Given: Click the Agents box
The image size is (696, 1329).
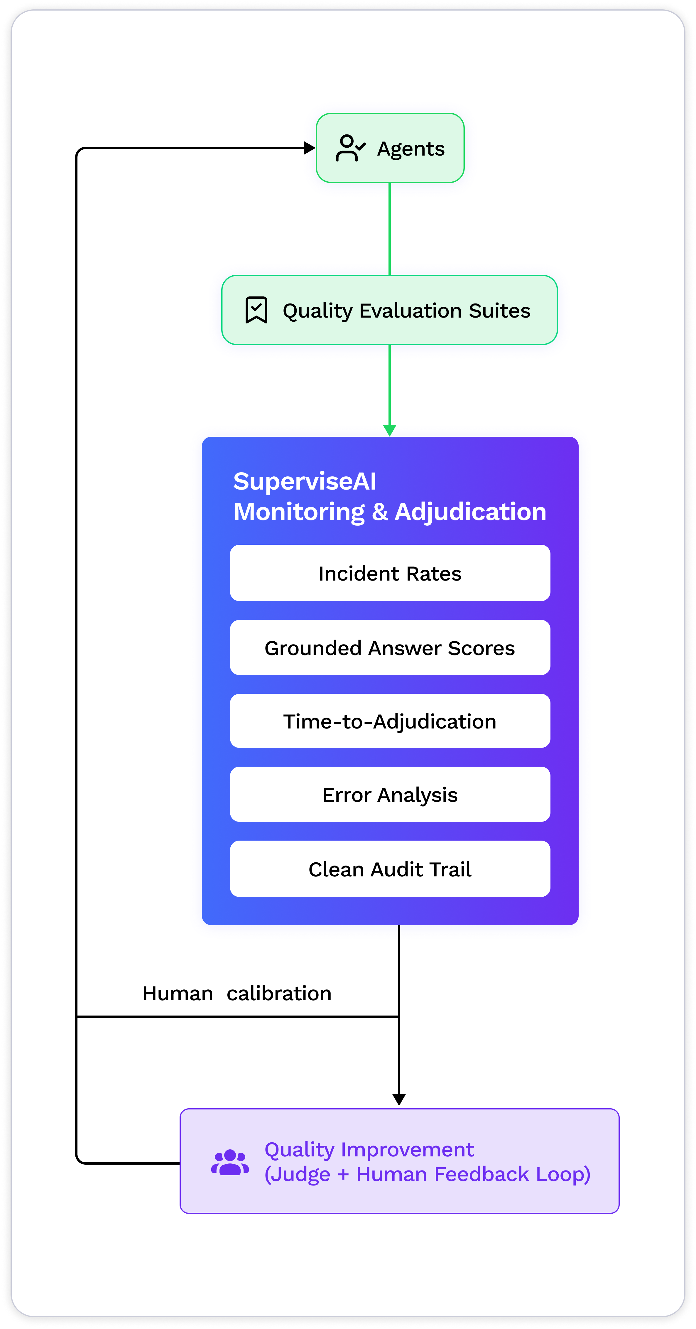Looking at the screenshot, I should pos(390,148).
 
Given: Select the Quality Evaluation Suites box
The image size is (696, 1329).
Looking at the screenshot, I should pos(390,310).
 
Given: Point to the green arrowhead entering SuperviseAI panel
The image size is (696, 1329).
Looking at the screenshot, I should pos(390,430).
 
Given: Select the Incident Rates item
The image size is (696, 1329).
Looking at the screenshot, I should pos(390,573).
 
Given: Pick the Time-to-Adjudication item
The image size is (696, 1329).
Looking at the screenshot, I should pos(390,721).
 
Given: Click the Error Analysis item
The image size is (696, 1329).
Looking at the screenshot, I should pos(390,795).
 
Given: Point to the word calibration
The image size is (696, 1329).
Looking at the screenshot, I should pos(279,993).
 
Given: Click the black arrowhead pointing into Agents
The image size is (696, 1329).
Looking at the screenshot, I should pos(310,148).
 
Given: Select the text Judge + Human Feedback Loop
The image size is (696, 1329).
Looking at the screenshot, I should pos(427,1174).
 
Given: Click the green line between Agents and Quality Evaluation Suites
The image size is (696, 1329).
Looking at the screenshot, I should pos(390,229).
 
